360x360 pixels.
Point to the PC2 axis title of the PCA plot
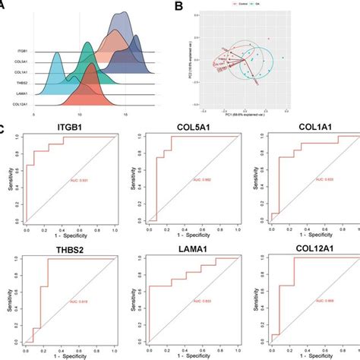192,58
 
